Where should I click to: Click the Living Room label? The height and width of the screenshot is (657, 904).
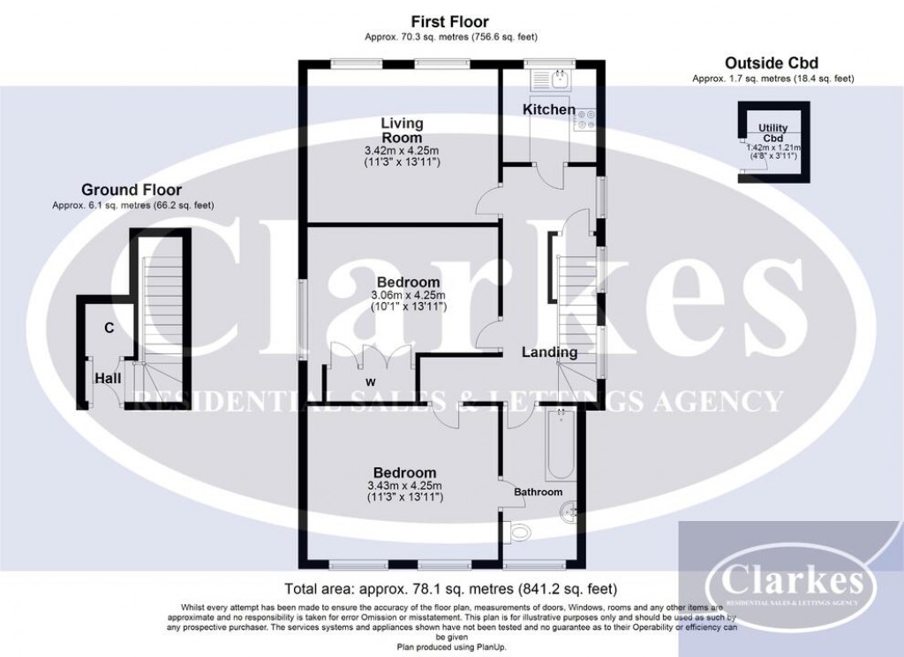pyautogui.click(x=402, y=130)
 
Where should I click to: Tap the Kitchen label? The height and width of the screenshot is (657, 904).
pyautogui.click(x=548, y=109)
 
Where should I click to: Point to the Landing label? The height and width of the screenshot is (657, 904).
pyautogui.click(x=549, y=352)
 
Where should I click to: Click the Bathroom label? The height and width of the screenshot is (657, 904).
pyautogui.click(x=539, y=492)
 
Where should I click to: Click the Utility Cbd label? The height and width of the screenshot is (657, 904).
pyautogui.click(x=773, y=133)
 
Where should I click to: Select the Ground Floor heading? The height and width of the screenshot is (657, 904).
pyautogui.click(x=132, y=190)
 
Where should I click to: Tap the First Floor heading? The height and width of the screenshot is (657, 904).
pyautogui.click(x=450, y=21)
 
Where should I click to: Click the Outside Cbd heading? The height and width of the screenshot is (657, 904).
pyautogui.click(x=772, y=63)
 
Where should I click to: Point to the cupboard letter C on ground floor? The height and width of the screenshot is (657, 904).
pyautogui.click(x=109, y=328)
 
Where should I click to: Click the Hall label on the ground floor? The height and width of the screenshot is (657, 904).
pyautogui.click(x=109, y=378)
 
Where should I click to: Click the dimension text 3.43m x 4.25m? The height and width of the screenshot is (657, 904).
pyautogui.click(x=403, y=486)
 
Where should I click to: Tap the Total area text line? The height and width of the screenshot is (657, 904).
pyautogui.click(x=450, y=588)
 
